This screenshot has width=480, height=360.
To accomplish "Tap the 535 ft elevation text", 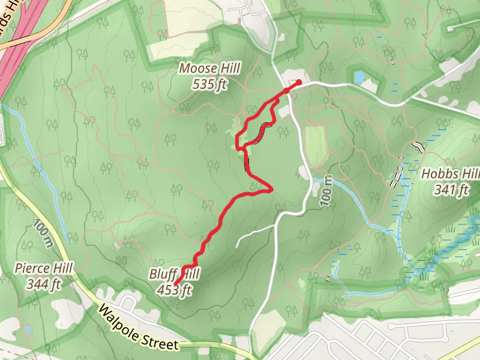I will click(x=210, y=85).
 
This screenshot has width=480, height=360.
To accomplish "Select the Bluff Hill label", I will click(x=174, y=275).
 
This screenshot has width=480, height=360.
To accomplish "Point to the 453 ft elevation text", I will click(x=174, y=291).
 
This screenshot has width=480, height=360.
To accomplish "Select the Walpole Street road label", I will click(x=139, y=328).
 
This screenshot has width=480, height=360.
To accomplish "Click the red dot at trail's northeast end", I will click(x=299, y=82).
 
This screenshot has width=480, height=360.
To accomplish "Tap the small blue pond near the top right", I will click(x=359, y=77).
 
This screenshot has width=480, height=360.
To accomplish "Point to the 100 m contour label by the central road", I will click(x=326, y=191).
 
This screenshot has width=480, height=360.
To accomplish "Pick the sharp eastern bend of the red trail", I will click(x=272, y=189).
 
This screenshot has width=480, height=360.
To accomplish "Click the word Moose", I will click(x=193, y=69).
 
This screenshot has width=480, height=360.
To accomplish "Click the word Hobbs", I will click(x=436, y=175).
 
